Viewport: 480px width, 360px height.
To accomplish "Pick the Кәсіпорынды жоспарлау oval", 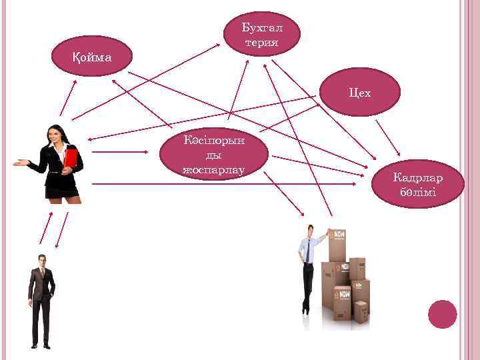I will [x=214, y=154].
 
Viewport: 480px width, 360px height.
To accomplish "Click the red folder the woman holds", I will [x=71, y=157].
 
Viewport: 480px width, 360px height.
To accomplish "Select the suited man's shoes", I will [x=40, y=345].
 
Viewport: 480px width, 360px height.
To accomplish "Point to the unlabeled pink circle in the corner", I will [x=442, y=314].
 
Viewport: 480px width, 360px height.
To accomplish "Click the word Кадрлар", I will [x=418, y=178].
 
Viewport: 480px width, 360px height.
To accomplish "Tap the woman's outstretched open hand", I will [x=21, y=162].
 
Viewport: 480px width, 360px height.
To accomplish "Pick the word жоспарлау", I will [x=214, y=170].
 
